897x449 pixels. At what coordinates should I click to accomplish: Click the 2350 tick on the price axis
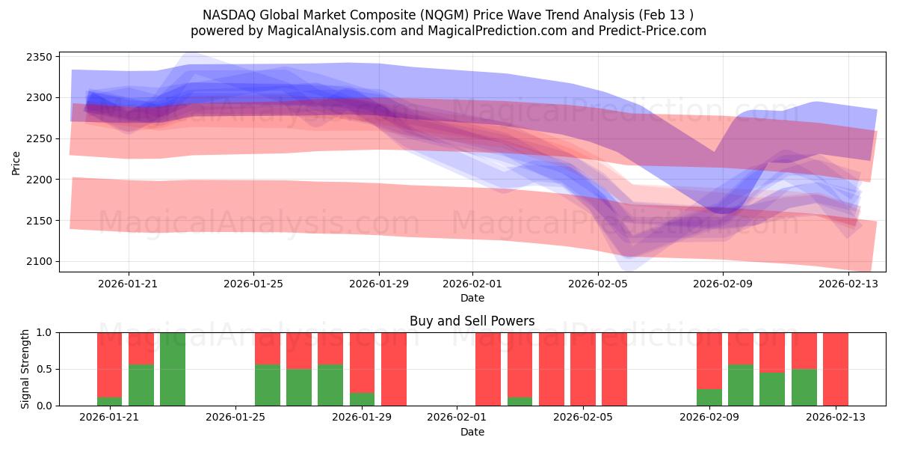click(40, 57)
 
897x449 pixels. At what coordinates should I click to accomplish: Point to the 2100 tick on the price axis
click(40, 261)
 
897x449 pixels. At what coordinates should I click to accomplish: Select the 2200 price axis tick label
click(40, 180)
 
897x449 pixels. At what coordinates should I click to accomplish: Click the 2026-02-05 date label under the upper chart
click(598, 284)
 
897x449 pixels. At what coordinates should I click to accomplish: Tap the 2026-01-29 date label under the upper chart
click(378, 284)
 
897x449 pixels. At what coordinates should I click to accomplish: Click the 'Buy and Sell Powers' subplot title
click(472, 321)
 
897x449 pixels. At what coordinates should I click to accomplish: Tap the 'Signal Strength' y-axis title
click(25, 369)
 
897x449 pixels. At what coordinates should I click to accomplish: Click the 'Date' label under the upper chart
click(472, 298)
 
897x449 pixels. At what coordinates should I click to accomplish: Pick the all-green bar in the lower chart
click(173, 369)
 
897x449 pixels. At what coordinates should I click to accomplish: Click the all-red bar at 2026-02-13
click(836, 369)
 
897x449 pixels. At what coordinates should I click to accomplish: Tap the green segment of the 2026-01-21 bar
click(110, 401)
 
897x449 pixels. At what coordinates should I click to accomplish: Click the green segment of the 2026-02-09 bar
click(709, 397)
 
